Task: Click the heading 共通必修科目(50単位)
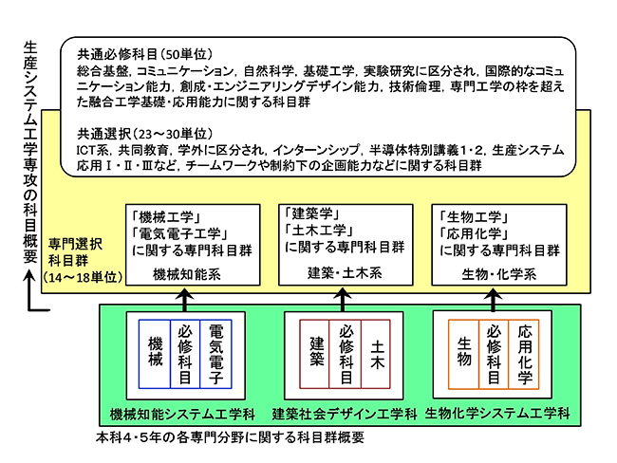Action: click(x=133, y=54)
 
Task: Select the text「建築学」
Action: click(x=312, y=213)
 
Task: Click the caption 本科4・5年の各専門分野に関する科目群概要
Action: click(x=231, y=438)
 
